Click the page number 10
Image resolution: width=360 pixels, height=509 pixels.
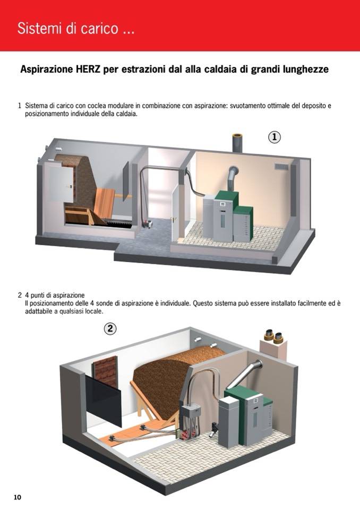[x=17, y=497]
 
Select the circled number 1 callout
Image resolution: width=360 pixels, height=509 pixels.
[x=275, y=137]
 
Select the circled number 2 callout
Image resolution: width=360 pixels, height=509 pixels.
[x=110, y=329]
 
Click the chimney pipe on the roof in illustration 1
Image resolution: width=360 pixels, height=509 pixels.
[x=237, y=142]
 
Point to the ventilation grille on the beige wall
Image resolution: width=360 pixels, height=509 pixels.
[x=281, y=167]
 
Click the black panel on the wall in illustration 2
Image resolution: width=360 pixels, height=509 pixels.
[x=104, y=400]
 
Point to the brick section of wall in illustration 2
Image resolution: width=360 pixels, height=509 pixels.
[x=105, y=372]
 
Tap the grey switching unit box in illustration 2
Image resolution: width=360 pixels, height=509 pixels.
[x=190, y=412]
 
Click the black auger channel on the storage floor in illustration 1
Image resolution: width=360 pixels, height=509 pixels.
[x=118, y=223]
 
